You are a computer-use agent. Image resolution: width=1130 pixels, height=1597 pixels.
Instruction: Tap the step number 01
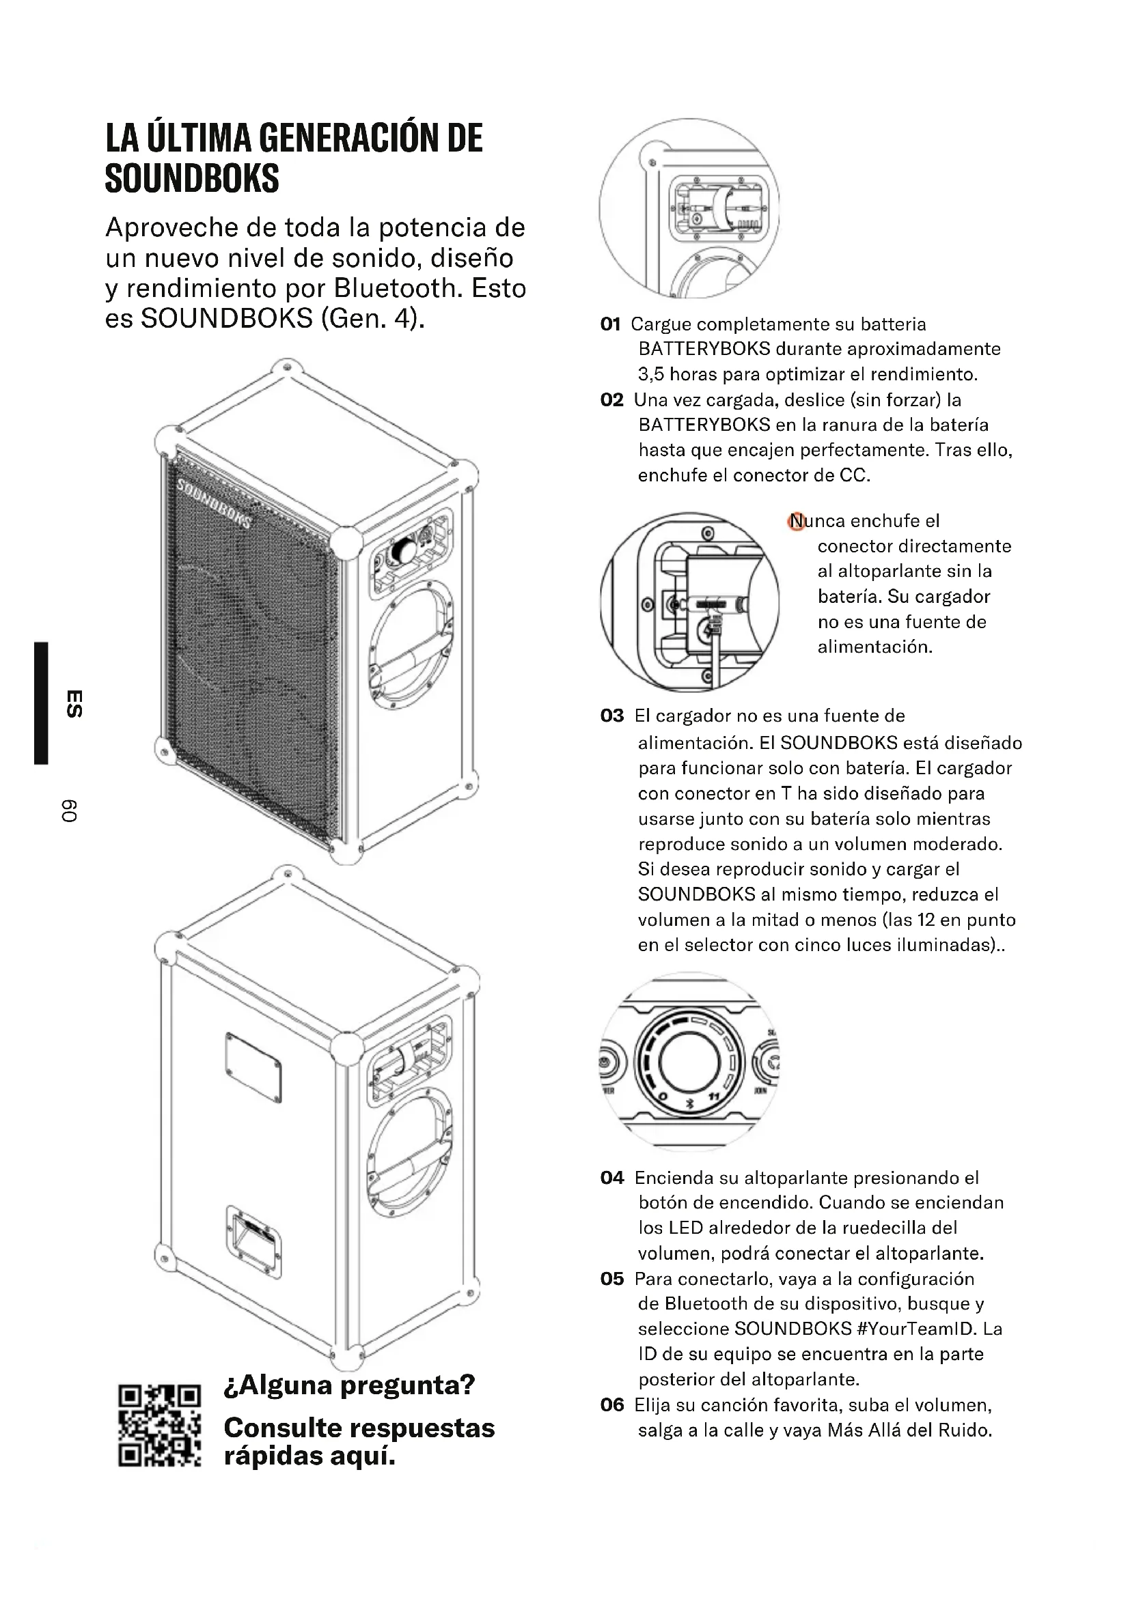(x=610, y=324)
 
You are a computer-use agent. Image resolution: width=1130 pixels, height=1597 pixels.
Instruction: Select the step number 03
(x=611, y=716)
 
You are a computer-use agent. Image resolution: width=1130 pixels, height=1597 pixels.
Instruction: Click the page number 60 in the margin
(x=69, y=811)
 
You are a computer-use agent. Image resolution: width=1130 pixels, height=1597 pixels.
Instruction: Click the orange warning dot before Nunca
(x=796, y=521)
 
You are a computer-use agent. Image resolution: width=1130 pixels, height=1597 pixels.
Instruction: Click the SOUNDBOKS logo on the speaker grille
(x=214, y=503)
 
